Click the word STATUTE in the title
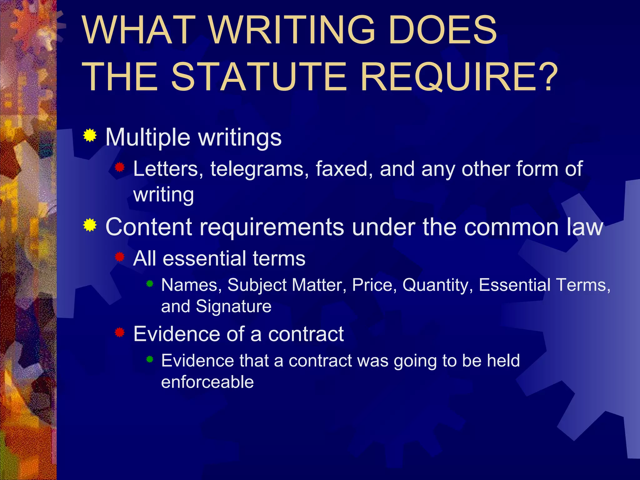tap(259, 77)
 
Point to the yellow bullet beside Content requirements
tap(90, 225)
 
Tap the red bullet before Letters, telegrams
tap(120, 167)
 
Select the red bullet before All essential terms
tap(120, 257)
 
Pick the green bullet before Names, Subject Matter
tap(150, 284)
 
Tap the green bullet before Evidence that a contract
tap(150, 359)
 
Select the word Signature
tap(234, 307)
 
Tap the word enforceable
tap(207, 382)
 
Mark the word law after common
tap(585, 227)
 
